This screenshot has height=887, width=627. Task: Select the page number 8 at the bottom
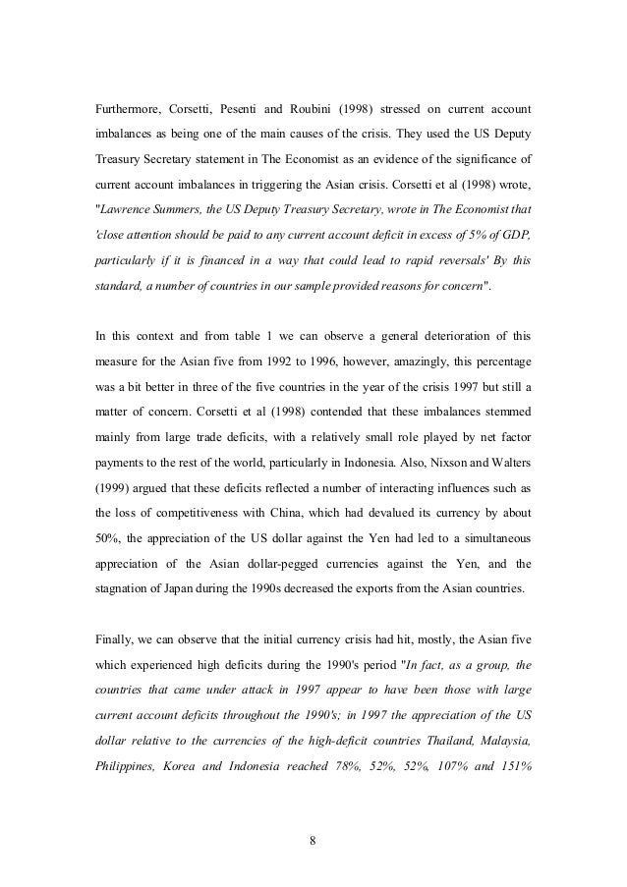[313, 841]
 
